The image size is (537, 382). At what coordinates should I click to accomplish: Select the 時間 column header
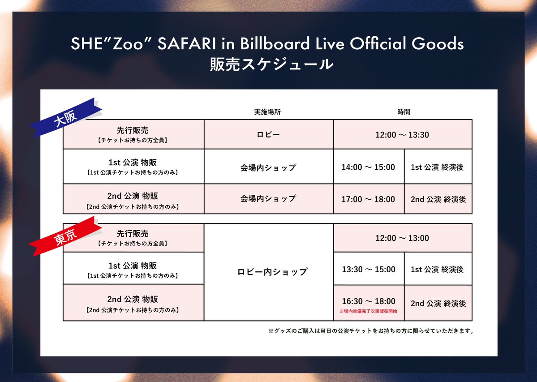point(404,112)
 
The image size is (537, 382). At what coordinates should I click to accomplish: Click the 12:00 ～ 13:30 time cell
point(402,134)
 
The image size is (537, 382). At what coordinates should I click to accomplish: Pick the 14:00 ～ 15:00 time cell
point(368,167)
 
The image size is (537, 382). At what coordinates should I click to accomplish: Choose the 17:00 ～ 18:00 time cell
point(368,199)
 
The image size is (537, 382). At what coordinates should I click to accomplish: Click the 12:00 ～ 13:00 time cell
point(402,238)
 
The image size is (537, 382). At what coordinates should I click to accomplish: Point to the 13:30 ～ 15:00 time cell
point(369,269)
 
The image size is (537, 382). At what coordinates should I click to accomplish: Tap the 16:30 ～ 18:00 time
point(369,301)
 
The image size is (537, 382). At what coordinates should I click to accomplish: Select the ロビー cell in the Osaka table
point(269,134)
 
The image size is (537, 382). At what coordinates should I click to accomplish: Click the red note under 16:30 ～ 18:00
point(368,310)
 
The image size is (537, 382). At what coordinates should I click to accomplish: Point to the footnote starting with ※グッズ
point(371,331)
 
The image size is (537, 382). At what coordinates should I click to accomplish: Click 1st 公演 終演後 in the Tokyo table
point(437,270)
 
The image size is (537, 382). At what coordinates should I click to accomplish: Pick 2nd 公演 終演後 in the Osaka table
point(438,199)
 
